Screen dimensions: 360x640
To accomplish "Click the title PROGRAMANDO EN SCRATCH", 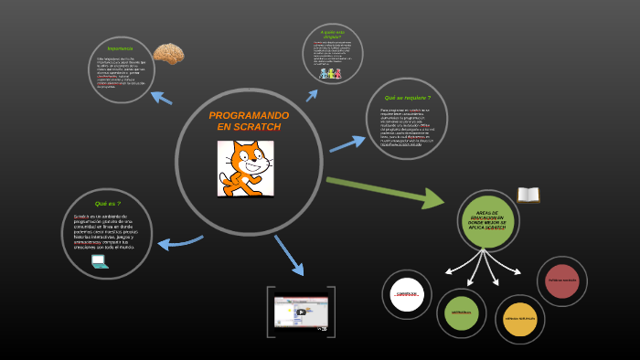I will (249, 121).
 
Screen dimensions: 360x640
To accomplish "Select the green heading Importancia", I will (120, 48).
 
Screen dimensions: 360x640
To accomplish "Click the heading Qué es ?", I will (107, 204).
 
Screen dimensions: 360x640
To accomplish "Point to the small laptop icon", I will (100, 261).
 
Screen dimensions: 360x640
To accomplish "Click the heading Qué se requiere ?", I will (407, 97).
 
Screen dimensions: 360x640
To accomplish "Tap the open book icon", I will (528, 195).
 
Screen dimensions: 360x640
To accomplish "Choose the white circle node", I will (407, 294).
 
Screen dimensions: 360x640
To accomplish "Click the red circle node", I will (561, 280).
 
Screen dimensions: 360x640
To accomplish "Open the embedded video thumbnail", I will (300, 311).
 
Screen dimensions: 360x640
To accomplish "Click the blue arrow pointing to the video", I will (289, 255).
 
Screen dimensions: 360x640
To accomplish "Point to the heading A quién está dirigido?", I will (333, 35).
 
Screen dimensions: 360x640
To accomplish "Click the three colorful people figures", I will (331, 73).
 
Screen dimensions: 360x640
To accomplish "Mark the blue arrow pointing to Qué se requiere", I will (347, 143).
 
